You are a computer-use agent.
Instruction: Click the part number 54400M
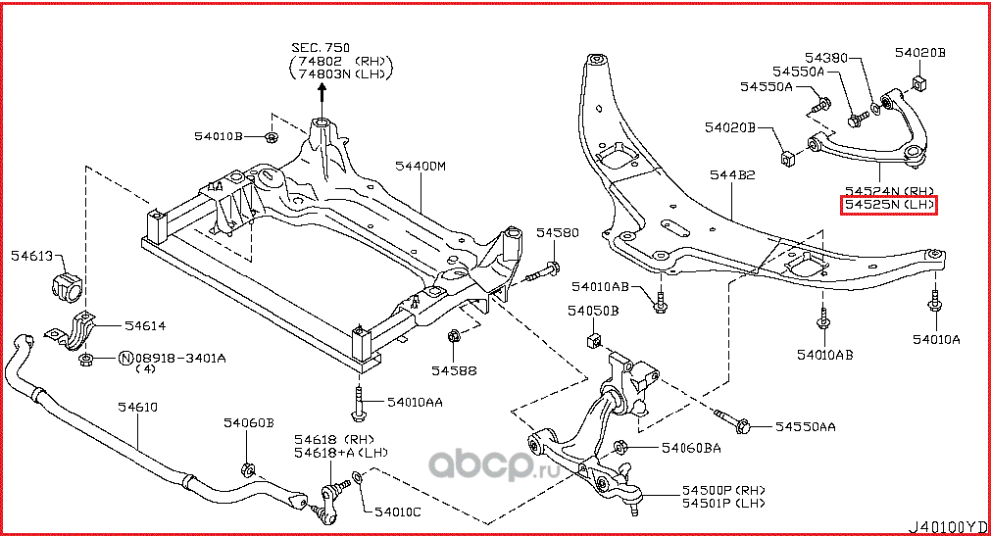(x=421, y=167)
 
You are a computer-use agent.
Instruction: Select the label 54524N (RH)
(x=890, y=190)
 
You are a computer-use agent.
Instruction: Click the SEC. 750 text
(x=320, y=46)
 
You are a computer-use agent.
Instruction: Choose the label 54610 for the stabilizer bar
(x=138, y=406)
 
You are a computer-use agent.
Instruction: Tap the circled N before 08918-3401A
(x=125, y=359)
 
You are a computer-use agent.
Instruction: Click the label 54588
(x=454, y=370)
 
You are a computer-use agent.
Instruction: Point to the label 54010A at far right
(x=936, y=339)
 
